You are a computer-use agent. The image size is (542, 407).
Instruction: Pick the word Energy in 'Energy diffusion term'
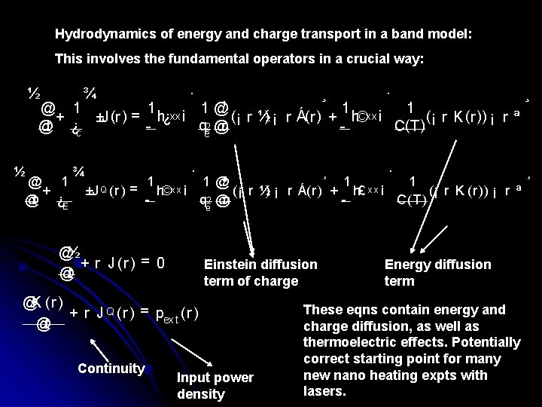click(403, 265)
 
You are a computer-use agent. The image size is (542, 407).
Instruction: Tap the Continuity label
click(110, 368)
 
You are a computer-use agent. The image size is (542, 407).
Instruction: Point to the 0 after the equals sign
click(160, 264)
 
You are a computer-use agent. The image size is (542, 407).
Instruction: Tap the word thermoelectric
click(339, 342)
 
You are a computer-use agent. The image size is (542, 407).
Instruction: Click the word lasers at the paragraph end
click(324, 392)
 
